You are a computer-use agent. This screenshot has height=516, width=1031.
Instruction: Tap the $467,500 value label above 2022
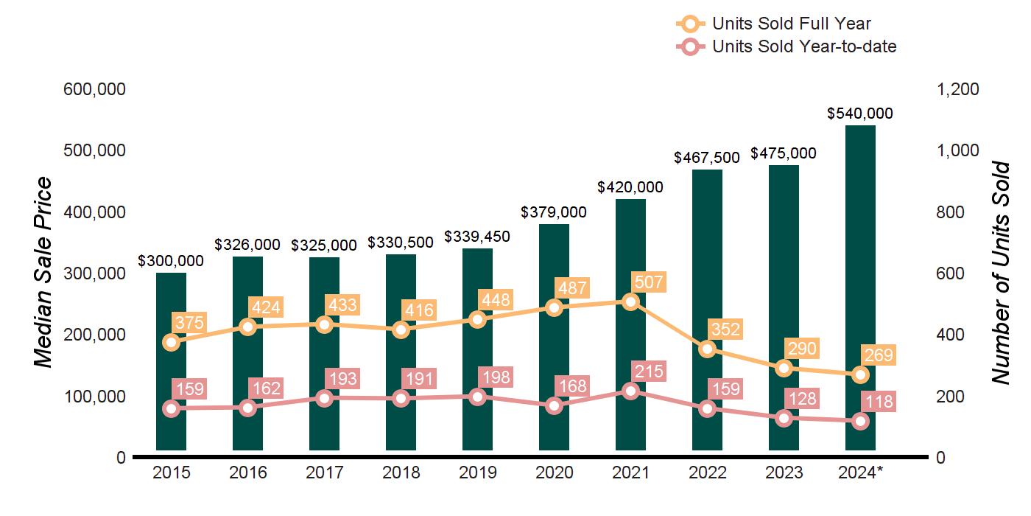[x=708, y=158]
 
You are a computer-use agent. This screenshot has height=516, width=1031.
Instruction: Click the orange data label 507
[x=648, y=282]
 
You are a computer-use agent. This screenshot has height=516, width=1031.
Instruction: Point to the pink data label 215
[x=648, y=372]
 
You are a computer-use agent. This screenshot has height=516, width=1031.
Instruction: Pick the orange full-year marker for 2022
[x=708, y=349]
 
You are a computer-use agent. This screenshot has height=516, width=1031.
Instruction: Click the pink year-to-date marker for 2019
[x=477, y=397]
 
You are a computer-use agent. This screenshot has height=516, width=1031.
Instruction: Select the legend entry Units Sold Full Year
[x=792, y=24]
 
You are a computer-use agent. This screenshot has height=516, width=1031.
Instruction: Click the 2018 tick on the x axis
[x=401, y=473]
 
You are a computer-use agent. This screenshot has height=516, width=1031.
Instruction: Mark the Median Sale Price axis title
[x=44, y=273]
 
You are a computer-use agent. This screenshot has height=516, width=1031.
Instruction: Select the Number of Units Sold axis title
[x=1001, y=273]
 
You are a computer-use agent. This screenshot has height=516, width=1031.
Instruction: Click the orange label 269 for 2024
[x=878, y=356]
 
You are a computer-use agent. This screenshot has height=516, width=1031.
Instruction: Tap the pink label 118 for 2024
[x=878, y=402]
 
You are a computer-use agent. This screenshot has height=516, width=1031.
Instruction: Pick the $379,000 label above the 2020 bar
[x=554, y=212]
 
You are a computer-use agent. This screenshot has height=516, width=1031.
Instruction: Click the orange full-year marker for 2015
[x=172, y=342]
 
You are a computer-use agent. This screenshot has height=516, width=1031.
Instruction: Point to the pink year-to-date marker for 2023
[x=784, y=418]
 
